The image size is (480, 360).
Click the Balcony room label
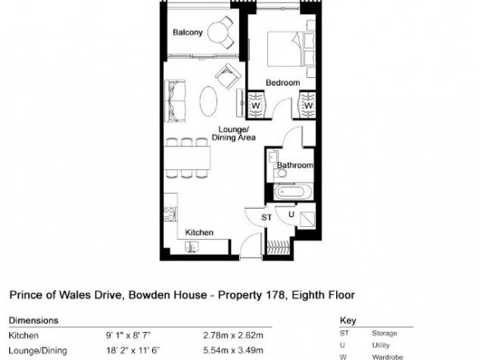tap(187, 32)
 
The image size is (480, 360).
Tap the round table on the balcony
tap(217, 32)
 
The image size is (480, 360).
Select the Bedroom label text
tap(283, 82)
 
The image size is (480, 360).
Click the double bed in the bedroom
tap(291, 49)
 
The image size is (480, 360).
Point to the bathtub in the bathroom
tap(293, 192)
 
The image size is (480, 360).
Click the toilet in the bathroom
tap(279, 173)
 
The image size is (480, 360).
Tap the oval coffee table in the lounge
tap(209, 101)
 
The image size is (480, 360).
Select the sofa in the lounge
tap(175, 101)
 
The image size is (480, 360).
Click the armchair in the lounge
tap(228, 76)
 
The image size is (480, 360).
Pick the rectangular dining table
tap(187, 158)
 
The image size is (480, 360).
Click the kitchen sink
tap(192, 247)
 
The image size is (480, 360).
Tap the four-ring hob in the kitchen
tap(170, 214)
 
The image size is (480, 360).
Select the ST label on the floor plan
tap(266, 217)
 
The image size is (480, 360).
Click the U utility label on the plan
tap(291, 215)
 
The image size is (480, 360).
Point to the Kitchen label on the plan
tap(199, 233)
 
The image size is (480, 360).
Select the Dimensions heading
tap(34, 321)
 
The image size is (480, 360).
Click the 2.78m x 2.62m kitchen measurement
tap(233, 335)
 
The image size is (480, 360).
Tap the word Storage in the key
tap(385, 333)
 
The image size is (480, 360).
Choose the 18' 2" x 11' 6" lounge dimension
tap(133, 350)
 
